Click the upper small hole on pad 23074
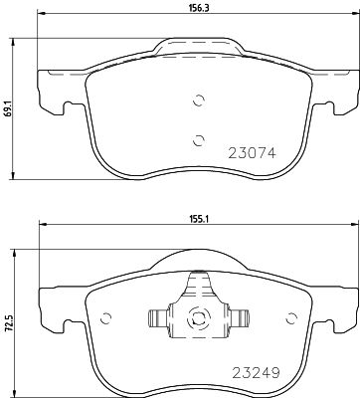[x=198, y=99]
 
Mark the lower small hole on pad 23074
[x=198, y=138]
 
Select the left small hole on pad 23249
[x=103, y=319]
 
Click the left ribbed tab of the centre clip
[x=157, y=319]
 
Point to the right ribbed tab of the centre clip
[x=237, y=319]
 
